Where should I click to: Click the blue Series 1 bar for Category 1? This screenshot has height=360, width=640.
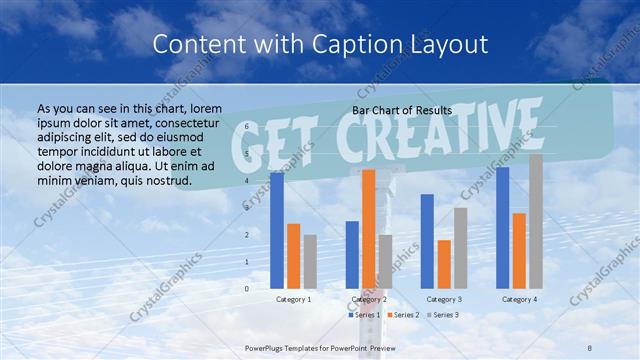277,231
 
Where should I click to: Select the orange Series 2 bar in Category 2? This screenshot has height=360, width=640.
369,229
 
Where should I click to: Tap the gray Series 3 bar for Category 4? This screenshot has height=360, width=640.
536,221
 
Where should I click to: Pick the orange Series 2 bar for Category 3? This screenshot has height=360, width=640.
444,264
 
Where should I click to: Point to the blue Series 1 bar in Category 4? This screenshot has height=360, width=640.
503,228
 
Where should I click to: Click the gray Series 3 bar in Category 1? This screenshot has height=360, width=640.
310,261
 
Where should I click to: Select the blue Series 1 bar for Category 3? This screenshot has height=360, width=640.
427,241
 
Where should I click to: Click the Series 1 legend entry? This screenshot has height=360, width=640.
364,315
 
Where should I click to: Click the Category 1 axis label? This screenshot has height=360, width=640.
293,299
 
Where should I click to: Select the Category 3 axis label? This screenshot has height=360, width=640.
444,299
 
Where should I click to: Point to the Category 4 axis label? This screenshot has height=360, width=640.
519,299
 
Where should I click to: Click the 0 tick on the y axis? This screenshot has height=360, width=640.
247,289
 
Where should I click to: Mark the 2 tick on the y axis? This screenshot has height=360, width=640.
247,235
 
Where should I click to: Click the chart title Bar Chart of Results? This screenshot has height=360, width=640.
402,110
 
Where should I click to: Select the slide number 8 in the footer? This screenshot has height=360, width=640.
590,346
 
